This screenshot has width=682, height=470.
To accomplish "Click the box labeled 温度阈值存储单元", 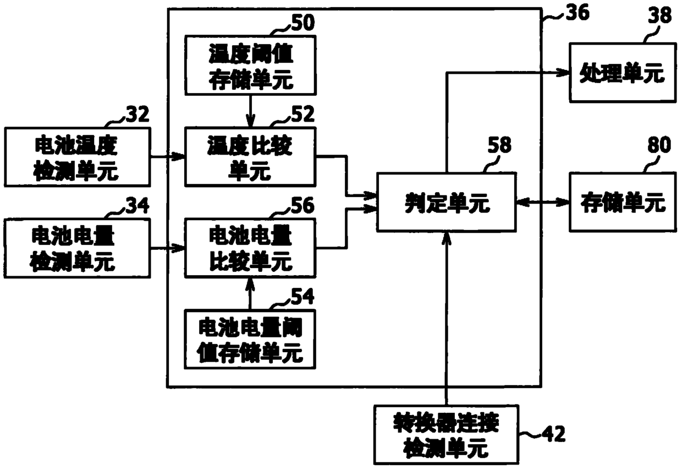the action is tap(250, 65).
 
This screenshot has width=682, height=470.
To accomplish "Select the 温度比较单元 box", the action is tap(250, 156).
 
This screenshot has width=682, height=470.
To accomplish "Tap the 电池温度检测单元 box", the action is tap(78, 156).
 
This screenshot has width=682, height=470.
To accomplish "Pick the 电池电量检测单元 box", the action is tap(78, 248).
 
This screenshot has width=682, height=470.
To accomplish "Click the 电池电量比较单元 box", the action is tap(250, 248).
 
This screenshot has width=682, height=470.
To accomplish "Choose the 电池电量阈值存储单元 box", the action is tap(250, 339).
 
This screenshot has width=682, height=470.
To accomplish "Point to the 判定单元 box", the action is tap(447, 203).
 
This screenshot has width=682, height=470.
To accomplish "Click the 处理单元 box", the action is tap(623, 73).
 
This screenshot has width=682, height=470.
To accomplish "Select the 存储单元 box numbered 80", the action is tap(623, 203).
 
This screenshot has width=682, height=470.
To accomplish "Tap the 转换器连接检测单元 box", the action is tap(447, 435).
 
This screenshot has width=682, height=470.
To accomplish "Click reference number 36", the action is tap(577, 13).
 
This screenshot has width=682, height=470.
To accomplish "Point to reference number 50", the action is tap(303, 23).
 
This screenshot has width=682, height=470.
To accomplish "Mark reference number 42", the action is tap(553, 434).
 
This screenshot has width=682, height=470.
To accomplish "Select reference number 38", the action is tap(659, 15).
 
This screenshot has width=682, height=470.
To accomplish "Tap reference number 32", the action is tap(137, 114).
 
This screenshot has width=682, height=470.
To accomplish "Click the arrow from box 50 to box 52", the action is tap(250, 111).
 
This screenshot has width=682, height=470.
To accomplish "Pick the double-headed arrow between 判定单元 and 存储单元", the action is tap(543, 202).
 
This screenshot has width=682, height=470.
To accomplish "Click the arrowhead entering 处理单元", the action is tap(563, 73).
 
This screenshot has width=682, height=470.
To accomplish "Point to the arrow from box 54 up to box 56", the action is tap(250, 294).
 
